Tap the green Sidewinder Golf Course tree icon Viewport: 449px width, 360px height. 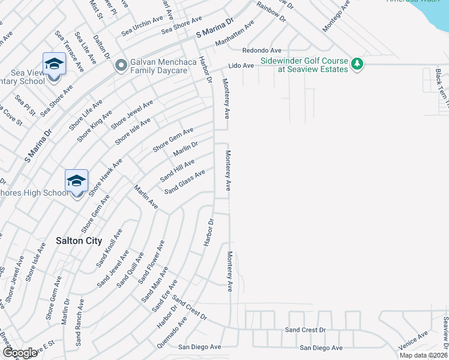point(357,64)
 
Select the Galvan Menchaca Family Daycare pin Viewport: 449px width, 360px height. point(121,64)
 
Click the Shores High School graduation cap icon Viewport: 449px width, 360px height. point(77,180)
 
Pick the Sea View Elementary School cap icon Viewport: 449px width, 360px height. point(53,63)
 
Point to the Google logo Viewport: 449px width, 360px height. point(20,353)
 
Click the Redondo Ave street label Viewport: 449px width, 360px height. point(262,50)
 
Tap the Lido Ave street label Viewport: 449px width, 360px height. point(241,65)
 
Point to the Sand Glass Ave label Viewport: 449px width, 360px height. point(185,182)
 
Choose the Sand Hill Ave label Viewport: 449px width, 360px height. point(176,171)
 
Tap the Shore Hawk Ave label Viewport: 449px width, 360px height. point(106,177)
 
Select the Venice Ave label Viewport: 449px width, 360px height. point(414,343)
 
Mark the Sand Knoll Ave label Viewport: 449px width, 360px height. point(109,248)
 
